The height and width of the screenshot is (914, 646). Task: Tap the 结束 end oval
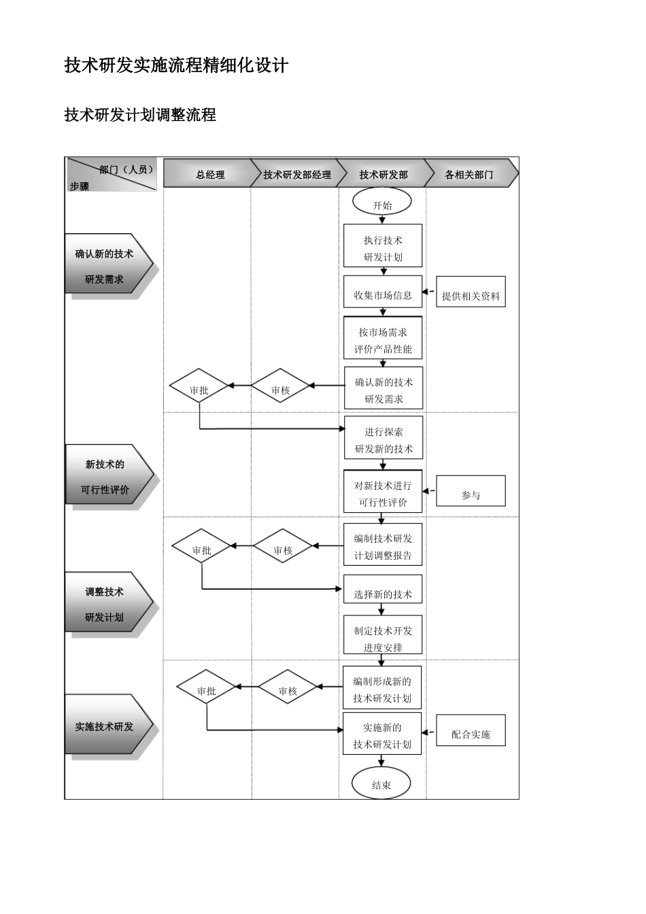(381, 784)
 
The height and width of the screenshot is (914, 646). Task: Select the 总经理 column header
(209, 174)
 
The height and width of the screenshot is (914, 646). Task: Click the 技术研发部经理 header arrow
(296, 174)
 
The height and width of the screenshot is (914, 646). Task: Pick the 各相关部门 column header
(469, 174)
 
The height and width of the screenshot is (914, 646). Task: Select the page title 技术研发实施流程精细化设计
(177, 65)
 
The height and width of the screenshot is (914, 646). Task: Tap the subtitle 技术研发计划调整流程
(140, 114)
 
